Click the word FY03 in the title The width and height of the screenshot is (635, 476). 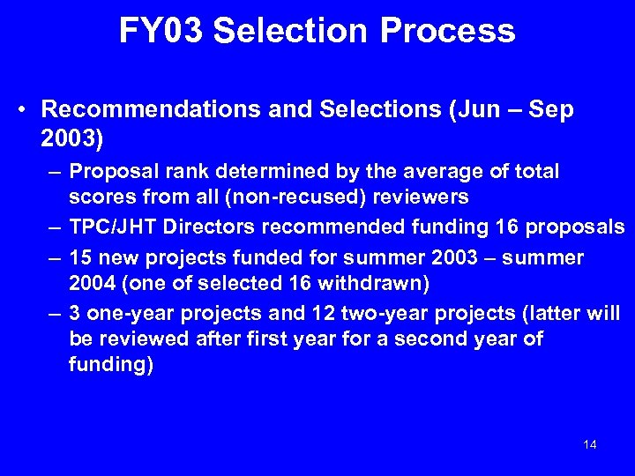[161, 31]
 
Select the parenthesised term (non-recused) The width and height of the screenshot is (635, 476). [289, 197]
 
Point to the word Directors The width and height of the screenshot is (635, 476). [203, 227]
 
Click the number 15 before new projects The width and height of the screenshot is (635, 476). [79, 257]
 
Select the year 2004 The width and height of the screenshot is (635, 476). [92, 283]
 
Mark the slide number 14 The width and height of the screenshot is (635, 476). [590, 444]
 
